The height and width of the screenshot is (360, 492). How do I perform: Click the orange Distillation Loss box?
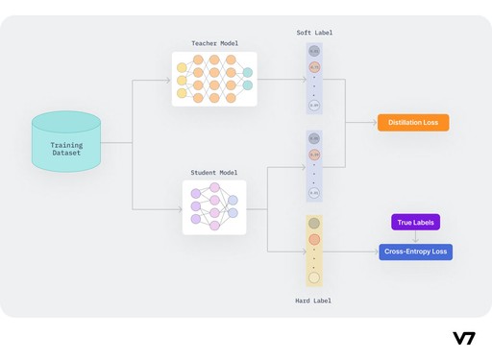click(413, 123)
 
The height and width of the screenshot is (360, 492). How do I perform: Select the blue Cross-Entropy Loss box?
click(415, 252)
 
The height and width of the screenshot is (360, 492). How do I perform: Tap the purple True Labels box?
click(415, 223)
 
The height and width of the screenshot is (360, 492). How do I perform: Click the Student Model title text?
click(214, 172)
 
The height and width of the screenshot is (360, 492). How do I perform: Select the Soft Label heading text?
click(314, 34)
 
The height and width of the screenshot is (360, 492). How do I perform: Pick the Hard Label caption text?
click(314, 300)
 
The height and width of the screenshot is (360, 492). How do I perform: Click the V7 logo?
click(463, 338)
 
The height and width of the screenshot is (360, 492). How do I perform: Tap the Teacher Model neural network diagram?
click(214, 79)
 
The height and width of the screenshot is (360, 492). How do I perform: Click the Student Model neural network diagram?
click(214, 206)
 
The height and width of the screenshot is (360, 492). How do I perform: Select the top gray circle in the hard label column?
click(314, 224)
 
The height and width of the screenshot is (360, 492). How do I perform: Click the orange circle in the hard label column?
click(314, 239)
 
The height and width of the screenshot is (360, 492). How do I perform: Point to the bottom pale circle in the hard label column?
click(314, 278)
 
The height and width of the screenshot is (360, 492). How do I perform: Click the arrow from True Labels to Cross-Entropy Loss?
click(415, 237)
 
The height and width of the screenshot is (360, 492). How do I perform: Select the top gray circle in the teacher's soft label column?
click(314, 51)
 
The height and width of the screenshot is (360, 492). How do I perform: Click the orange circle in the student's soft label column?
click(314, 155)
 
